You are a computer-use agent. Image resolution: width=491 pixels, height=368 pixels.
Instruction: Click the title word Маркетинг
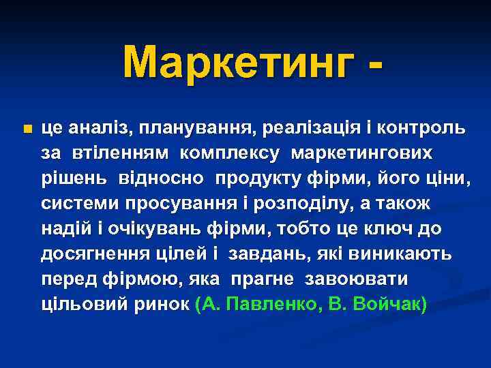pyautogui.click(x=239, y=63)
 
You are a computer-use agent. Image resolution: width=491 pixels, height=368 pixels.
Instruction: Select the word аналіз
pyautogui.click(x=98, y=127)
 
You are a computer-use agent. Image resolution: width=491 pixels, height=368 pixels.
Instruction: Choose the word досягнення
pyautogui.click(x=89, y=254)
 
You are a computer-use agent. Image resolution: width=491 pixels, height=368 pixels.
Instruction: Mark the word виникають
pyautogui.click(x=404, y=254)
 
